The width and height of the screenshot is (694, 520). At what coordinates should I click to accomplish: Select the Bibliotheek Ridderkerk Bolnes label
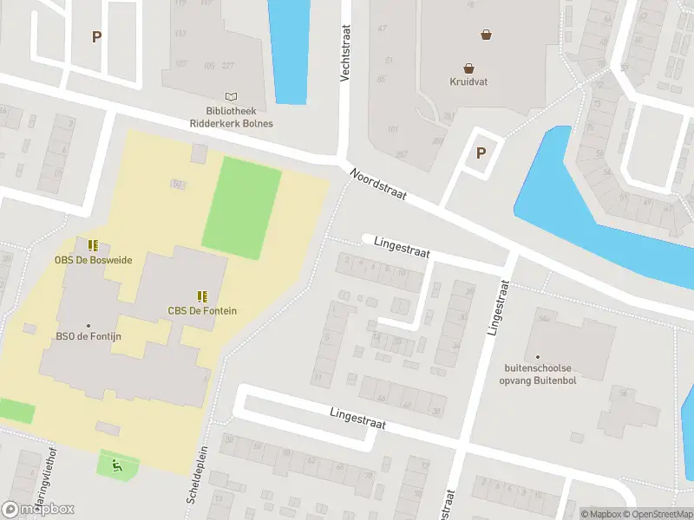pos(232,118)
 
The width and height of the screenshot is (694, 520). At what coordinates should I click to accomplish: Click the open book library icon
pos(231,97)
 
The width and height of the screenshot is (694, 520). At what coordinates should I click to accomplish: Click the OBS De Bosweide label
pos(93,261)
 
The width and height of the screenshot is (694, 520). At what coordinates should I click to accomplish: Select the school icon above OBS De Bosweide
pos(93,245)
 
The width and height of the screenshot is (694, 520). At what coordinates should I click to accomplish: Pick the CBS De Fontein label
pos(202,310)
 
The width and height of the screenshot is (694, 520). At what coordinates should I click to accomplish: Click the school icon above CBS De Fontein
pos(202,296)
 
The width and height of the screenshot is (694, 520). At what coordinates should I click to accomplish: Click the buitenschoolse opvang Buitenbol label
pos(538,372)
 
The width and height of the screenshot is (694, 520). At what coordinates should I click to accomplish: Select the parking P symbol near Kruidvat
pos(480,153)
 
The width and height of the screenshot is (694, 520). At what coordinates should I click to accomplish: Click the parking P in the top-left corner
pos(97,36)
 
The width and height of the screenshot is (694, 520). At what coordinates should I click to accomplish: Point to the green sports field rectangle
pos(242,207)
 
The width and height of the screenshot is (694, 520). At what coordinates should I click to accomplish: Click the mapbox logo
pos(38,509)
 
